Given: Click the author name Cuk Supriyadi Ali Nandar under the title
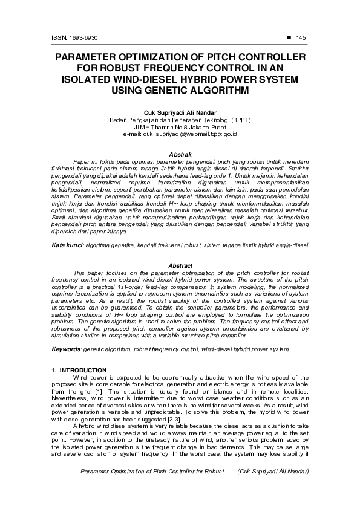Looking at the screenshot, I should pos(180,112).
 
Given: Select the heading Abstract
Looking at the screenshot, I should pos(180,266).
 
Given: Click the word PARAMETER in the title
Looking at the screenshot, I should pos(91,58).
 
